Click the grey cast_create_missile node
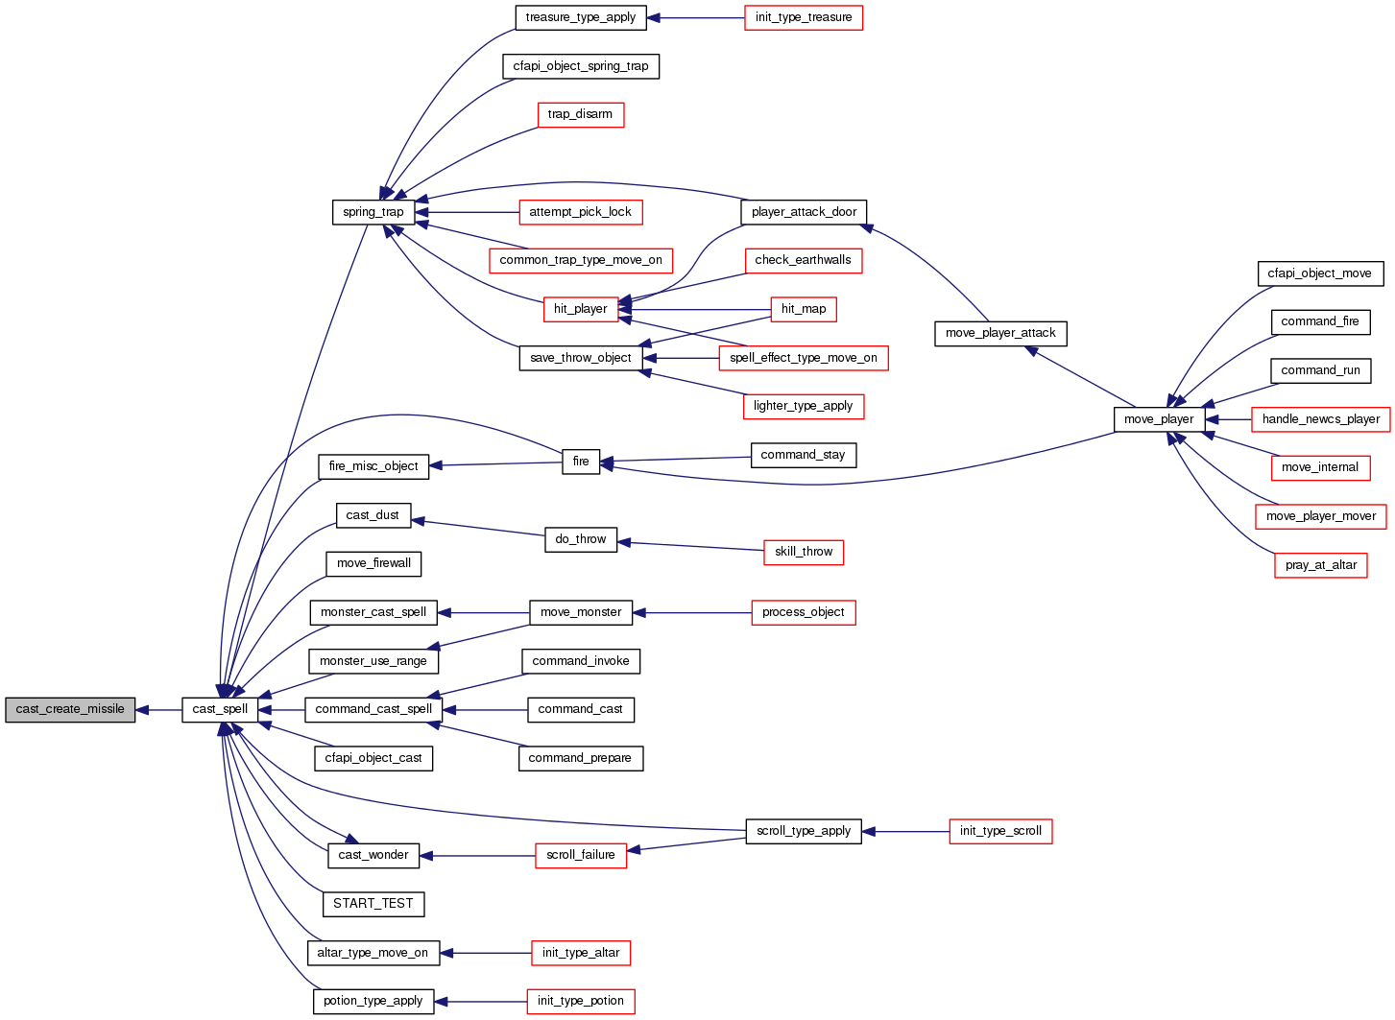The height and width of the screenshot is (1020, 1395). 70,710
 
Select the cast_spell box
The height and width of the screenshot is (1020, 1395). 220,710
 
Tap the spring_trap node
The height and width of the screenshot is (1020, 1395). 373,212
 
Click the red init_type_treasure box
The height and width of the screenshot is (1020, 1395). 804,17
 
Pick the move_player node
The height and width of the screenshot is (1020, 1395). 1159,419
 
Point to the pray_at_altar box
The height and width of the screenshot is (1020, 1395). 1320,565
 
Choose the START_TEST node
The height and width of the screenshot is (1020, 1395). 373,904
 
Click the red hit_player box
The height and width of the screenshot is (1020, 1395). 580,309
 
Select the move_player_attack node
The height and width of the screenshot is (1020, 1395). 1000,334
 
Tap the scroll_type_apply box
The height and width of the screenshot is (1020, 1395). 804,831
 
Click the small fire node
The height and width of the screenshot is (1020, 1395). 581,462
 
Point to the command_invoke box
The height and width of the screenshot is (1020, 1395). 581,661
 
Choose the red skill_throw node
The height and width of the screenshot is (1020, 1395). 804,552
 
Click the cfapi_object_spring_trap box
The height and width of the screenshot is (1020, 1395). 581,66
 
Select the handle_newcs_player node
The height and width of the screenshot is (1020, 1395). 1320,419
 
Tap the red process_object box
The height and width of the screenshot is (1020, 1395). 804,612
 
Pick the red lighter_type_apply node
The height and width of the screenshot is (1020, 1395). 804,406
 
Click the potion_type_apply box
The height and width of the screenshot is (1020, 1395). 373,1001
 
